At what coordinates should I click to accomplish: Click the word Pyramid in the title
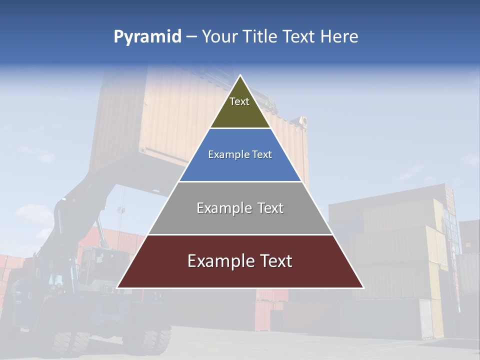[x=147, y=37]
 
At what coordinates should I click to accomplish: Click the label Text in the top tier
[x=239, y=101]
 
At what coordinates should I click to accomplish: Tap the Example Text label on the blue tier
[x=240, y=154]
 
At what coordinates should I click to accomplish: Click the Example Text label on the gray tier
[x=240, y=208]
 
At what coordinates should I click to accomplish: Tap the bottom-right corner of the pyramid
[x=363, y=287]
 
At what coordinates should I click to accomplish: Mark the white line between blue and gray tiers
[x=240, y=181]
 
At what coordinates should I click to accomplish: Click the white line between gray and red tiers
[x=240, y=234]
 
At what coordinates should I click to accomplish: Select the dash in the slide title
[x=191, y=37]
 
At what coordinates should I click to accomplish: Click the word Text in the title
[x=298, y=36]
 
